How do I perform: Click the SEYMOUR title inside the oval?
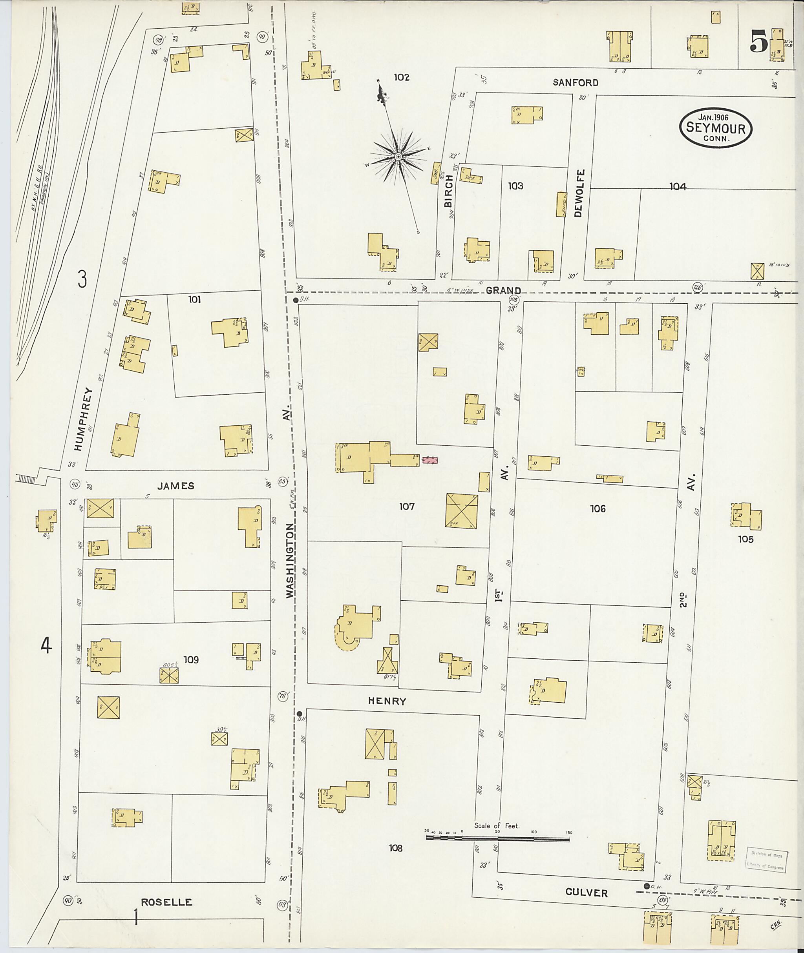(x=715, y=128)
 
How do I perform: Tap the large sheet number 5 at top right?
(x=758, y=42)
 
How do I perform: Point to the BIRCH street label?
(x=448, y=191)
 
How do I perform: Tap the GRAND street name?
(x=503, y=291)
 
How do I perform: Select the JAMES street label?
(x=176, y=486)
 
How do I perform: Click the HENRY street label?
(x=387, y=701)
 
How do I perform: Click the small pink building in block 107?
(x=429, y=461)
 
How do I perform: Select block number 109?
(x=191, y=659)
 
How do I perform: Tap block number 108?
(x=395, y=848)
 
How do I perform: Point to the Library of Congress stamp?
(x=765, y=860)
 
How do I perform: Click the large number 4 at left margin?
(x=46, y=645)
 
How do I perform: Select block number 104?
(x=677, y=186)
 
